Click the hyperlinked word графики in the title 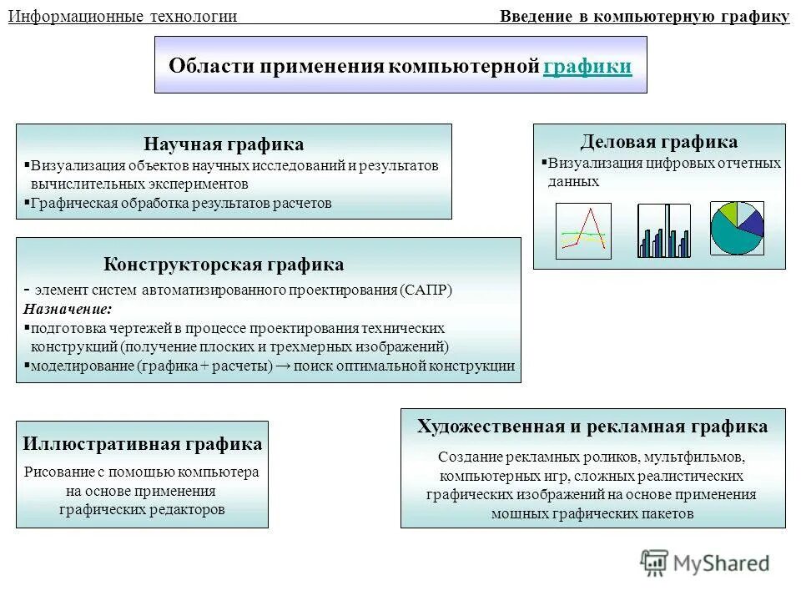(587, 67)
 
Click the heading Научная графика (224, 144)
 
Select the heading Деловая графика (659, 142)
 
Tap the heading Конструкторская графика (224, 265)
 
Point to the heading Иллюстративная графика (143, 444)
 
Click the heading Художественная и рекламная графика (592, 427)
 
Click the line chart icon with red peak (583, 230)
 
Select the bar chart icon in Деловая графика (664, 230)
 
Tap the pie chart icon (737, 228)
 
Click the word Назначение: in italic (68, 308)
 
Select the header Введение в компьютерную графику (644, 16)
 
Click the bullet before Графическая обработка (27, 203)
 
